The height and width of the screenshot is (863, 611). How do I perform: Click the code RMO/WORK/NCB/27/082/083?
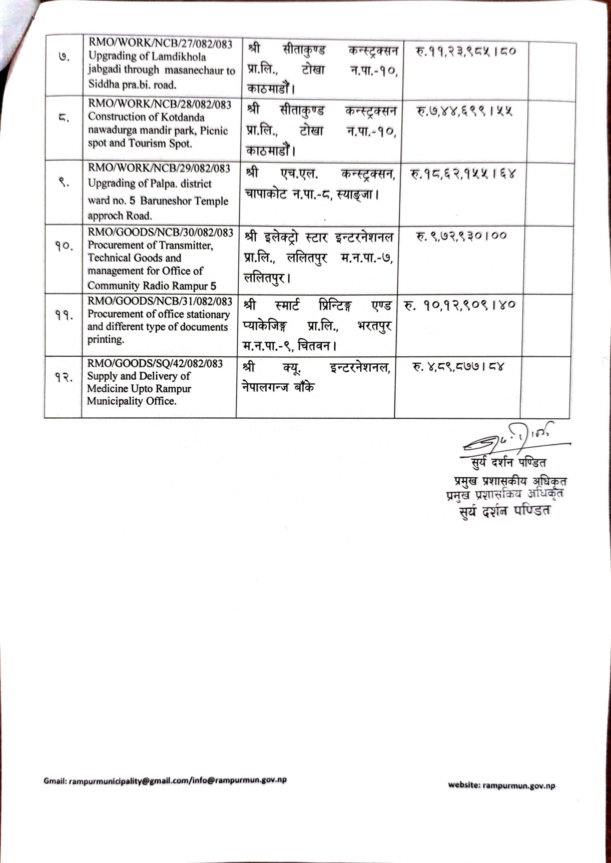click(x=161, y=44)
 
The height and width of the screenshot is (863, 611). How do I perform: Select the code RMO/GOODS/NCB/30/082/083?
click(x=161, y=233)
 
